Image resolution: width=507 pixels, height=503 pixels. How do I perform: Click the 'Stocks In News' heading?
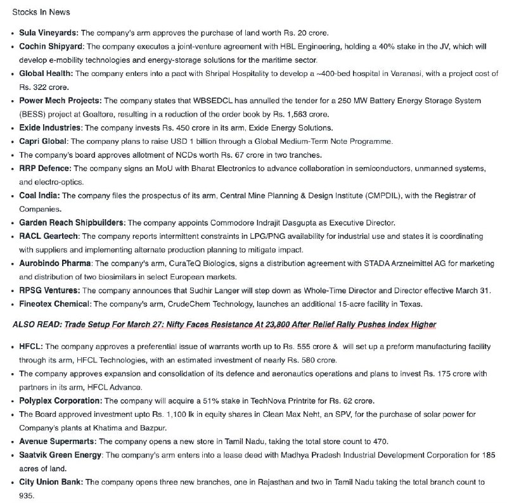click(41, 12)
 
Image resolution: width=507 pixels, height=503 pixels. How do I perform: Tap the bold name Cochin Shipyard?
click(51, 46)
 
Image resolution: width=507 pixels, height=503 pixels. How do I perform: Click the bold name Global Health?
click(46, 73)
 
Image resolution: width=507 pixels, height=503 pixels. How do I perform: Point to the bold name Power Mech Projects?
click(60, 101)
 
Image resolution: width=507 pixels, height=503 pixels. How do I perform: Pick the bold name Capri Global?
click(44, 141)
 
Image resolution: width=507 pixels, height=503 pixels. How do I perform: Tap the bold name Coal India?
click(39, 195)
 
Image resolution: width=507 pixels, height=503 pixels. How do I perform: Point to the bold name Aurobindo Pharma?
click(56, 263)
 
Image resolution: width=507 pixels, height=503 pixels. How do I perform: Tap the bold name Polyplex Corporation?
click(60, 401)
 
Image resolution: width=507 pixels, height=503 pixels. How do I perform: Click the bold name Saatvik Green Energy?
click(60, 455)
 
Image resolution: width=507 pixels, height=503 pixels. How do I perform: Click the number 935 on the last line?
click(27, 496)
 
